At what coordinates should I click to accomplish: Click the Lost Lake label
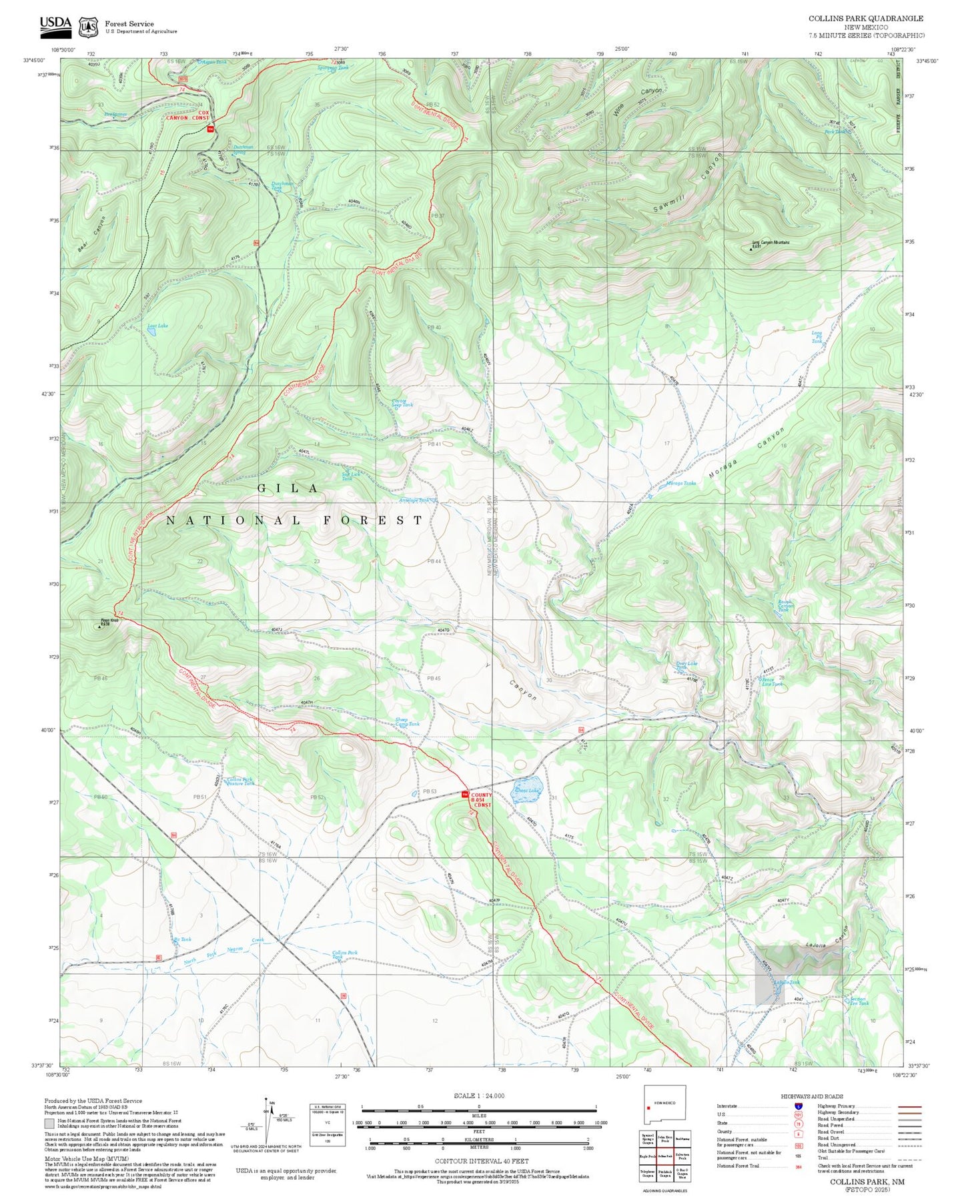pos(157,326)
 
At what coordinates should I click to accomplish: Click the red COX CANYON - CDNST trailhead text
pos(195,115)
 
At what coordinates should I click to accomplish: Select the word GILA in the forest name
pos(288,488)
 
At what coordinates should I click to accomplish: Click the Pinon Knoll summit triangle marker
pos(100,627)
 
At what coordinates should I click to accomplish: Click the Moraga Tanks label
pos(680,483)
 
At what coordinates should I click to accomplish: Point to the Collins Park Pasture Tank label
pos(240,781)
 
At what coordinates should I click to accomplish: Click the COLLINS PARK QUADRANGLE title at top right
pos(866,19)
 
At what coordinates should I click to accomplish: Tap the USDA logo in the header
pos(55,25)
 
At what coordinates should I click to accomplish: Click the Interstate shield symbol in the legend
pos(798,1106)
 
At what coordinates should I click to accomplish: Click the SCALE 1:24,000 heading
pos(478,1096)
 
